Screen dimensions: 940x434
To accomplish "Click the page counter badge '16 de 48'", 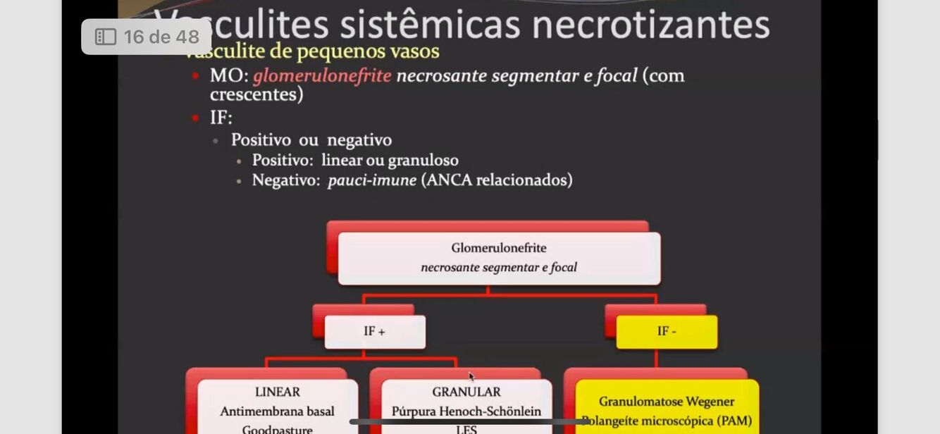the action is pos(147,37).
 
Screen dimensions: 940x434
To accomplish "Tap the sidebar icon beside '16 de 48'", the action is pos(105,37).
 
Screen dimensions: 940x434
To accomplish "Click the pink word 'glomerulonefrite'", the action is pos(321,75).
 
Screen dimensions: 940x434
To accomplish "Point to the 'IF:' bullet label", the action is pos(221,117).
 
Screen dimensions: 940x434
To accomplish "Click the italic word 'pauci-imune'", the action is pos(371,180).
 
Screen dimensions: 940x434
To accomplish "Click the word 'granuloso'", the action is pos(422,160).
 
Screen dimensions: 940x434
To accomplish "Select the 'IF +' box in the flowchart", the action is pos(374,331).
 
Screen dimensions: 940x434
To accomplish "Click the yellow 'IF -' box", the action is pos(666,331).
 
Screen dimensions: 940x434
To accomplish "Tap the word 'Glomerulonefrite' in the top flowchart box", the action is pos(498,248).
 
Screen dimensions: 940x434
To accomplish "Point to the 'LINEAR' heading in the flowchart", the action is pos(277,392).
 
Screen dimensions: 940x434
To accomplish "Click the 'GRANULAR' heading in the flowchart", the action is pos(466,392).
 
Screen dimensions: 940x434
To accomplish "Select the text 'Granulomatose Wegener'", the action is pos(667,402).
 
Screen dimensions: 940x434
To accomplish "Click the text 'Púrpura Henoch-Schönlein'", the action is pos(466,411).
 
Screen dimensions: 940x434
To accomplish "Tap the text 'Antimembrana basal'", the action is pos(277,411).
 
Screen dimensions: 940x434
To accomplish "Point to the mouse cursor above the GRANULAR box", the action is pos(471,376).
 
